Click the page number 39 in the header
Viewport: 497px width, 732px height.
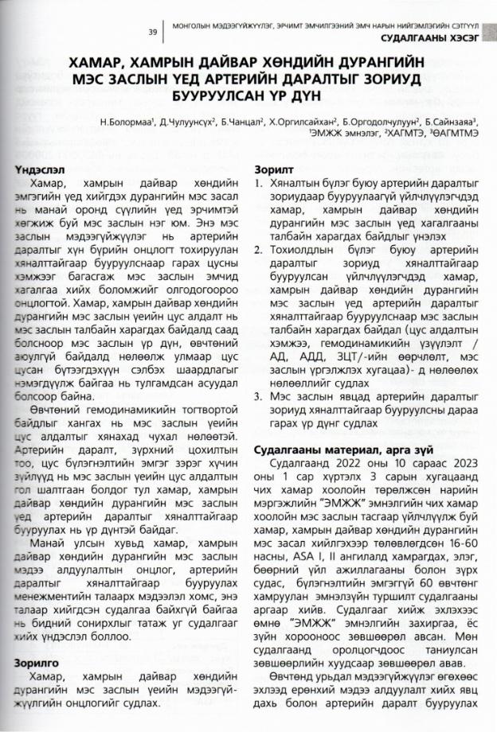(x=152, y=32)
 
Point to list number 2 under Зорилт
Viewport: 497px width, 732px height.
(x=257, y=251)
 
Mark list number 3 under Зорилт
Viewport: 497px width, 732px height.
(x=257, y=396)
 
